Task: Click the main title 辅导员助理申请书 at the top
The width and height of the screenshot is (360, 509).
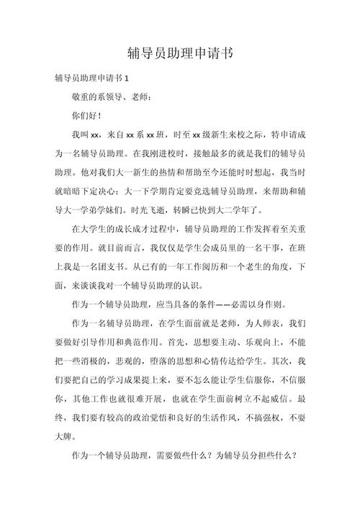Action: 180,53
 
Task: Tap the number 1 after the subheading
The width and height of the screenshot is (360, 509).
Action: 126,78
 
